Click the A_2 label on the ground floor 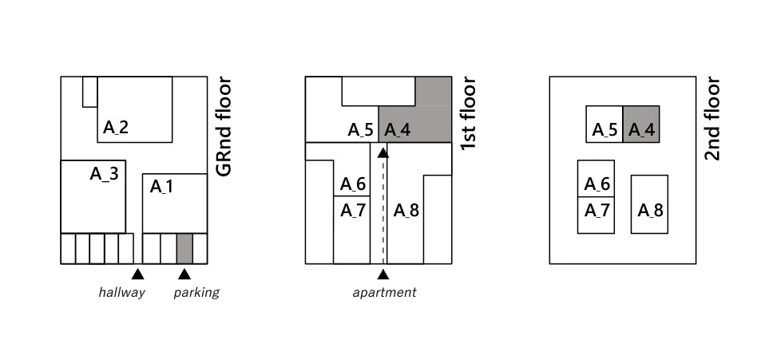(x=116, y=126)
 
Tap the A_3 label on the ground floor (x=104, y=174)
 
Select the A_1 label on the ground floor (x=162, y=187)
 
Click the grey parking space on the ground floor (x=184, y=248)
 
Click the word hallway (x=121, y=292)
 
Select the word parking (x=196, y=292)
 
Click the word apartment (x=384, y=292)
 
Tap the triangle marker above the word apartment (x=383, y=275)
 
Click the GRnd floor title (x=224, y=126)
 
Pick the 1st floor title (x=469, y=114)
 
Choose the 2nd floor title (x=713, y=118)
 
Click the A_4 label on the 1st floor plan (x=397, y=129)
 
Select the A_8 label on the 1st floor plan (x=406, y=211)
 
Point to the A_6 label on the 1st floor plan (x=353, y=184)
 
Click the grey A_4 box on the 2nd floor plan (x=641, y=125)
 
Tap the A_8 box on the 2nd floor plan (x=650, y=204)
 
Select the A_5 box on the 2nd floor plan (x=604, y=125)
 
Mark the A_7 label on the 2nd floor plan (x=597, y=211)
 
